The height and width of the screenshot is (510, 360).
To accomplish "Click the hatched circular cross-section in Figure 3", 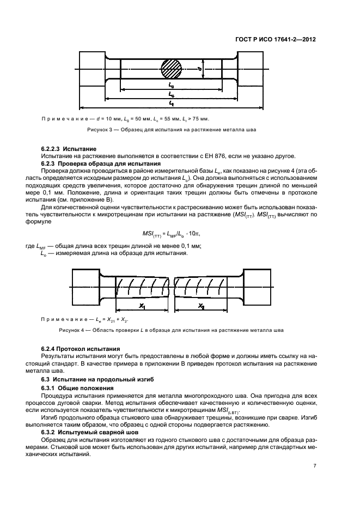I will pyautogui.click(x=171, y=70).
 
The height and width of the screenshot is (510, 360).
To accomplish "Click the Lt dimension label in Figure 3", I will pyautogui.click(x=172, y=102).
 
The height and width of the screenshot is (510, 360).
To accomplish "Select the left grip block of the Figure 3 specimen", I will pyautogui.click(x=93, y=69).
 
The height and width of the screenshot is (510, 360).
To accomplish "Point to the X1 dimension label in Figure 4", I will pyautogui.click(x=142, y=307).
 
